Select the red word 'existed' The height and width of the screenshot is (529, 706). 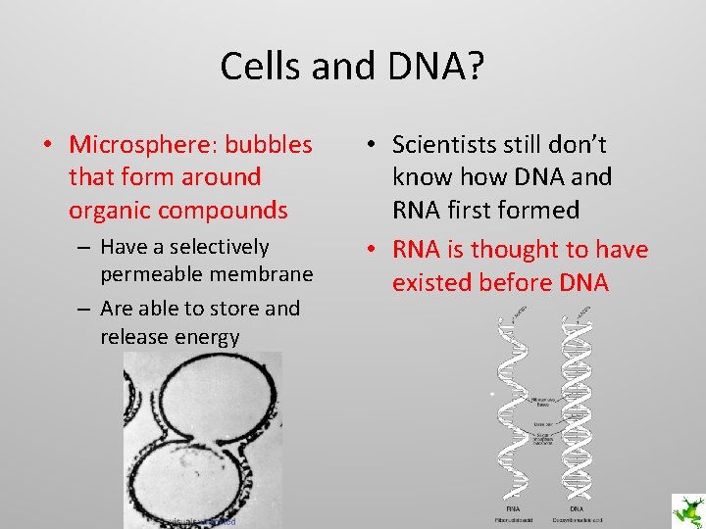pyautogui.click(x=438, y=283)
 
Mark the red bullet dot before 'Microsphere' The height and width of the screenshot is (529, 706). pyautogui.click(x=47, y=146)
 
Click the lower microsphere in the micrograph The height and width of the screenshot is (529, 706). pyautogui.click(x=196, y=480)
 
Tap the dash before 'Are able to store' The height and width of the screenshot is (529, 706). pyautogui.click(x=83, y=309)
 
